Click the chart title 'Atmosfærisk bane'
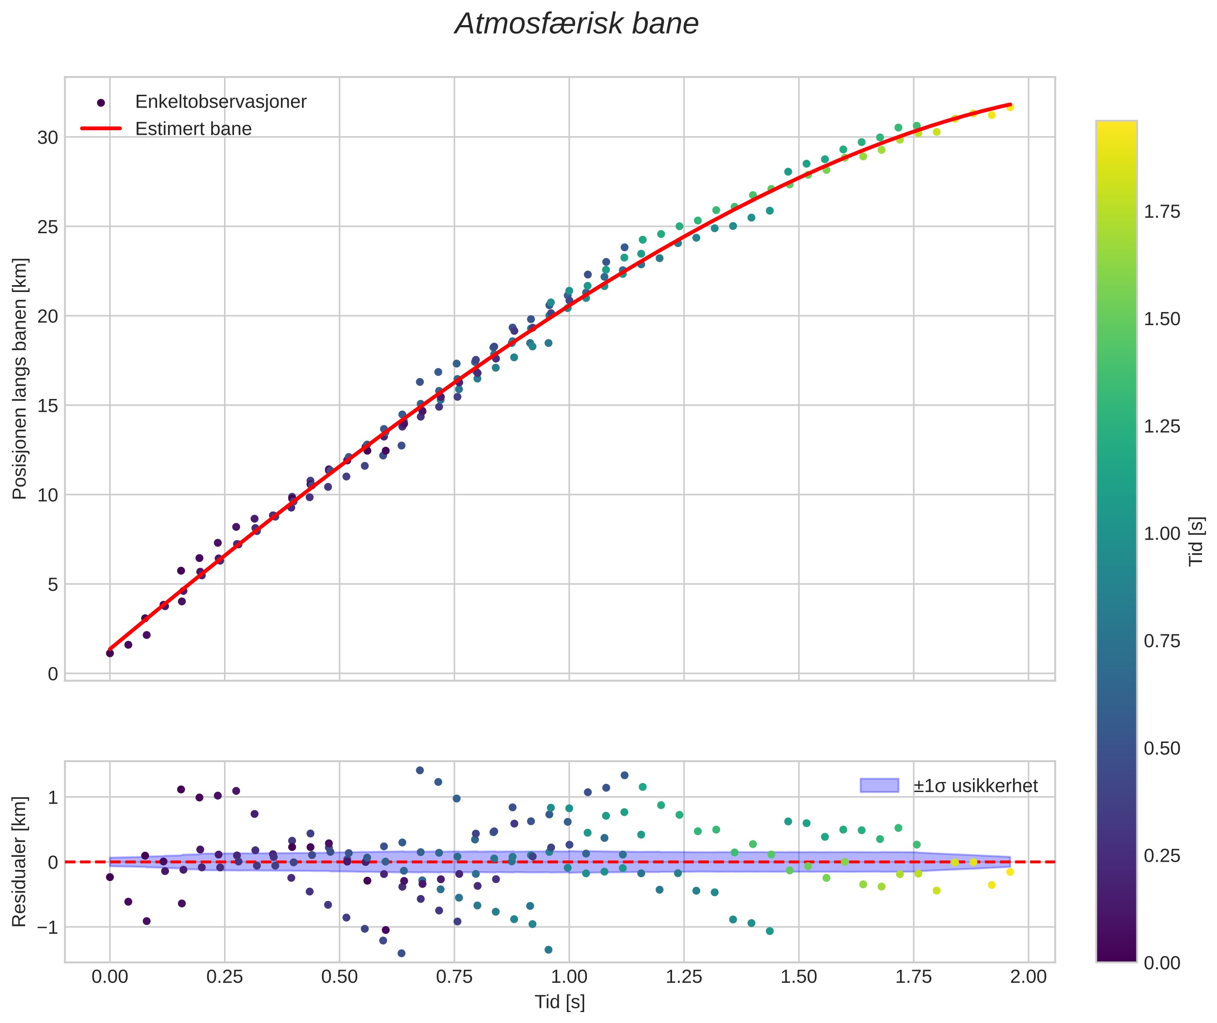[x=576, y=24]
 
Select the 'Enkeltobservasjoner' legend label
[x=220, y=102]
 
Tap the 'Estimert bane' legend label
[x=193, y=129]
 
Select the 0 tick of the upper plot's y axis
[x=53, y=674]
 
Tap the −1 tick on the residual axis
[x=47, y=927]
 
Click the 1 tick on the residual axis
[x=53, y=798]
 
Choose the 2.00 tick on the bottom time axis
[x=1028, y=977]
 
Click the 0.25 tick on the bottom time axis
[x=224, y=977]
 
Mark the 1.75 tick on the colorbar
[x=1161, y=212]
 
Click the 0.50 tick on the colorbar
[x=1161, y=749]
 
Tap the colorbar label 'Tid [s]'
[x=1196, y=541]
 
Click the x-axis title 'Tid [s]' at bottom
[x=560, y=1002]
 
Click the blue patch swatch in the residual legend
[x=879, y=786]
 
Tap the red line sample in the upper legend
[x=101, y=129]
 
